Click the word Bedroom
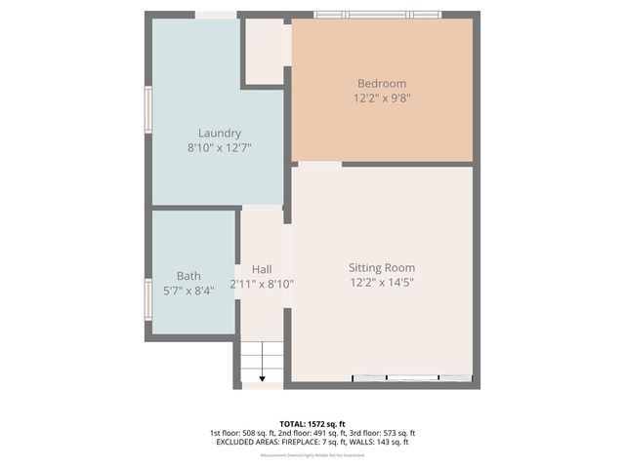point(381,84)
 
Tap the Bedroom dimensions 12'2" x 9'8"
point(381,98)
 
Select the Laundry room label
point(219,134)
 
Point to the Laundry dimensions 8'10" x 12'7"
point(219,148)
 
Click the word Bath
point(188,276)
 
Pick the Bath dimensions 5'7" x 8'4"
point(188,291)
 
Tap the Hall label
point(262,270)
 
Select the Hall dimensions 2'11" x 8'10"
point(262,285)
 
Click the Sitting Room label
point(382,268)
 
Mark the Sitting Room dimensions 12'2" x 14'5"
point(382,283)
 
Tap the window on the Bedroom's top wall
point(377,15)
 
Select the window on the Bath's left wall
point(147,299)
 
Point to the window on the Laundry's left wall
point(147,109)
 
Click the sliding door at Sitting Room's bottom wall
point(411,378)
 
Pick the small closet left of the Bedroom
point(264,51)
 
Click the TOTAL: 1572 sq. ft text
point(312,422)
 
